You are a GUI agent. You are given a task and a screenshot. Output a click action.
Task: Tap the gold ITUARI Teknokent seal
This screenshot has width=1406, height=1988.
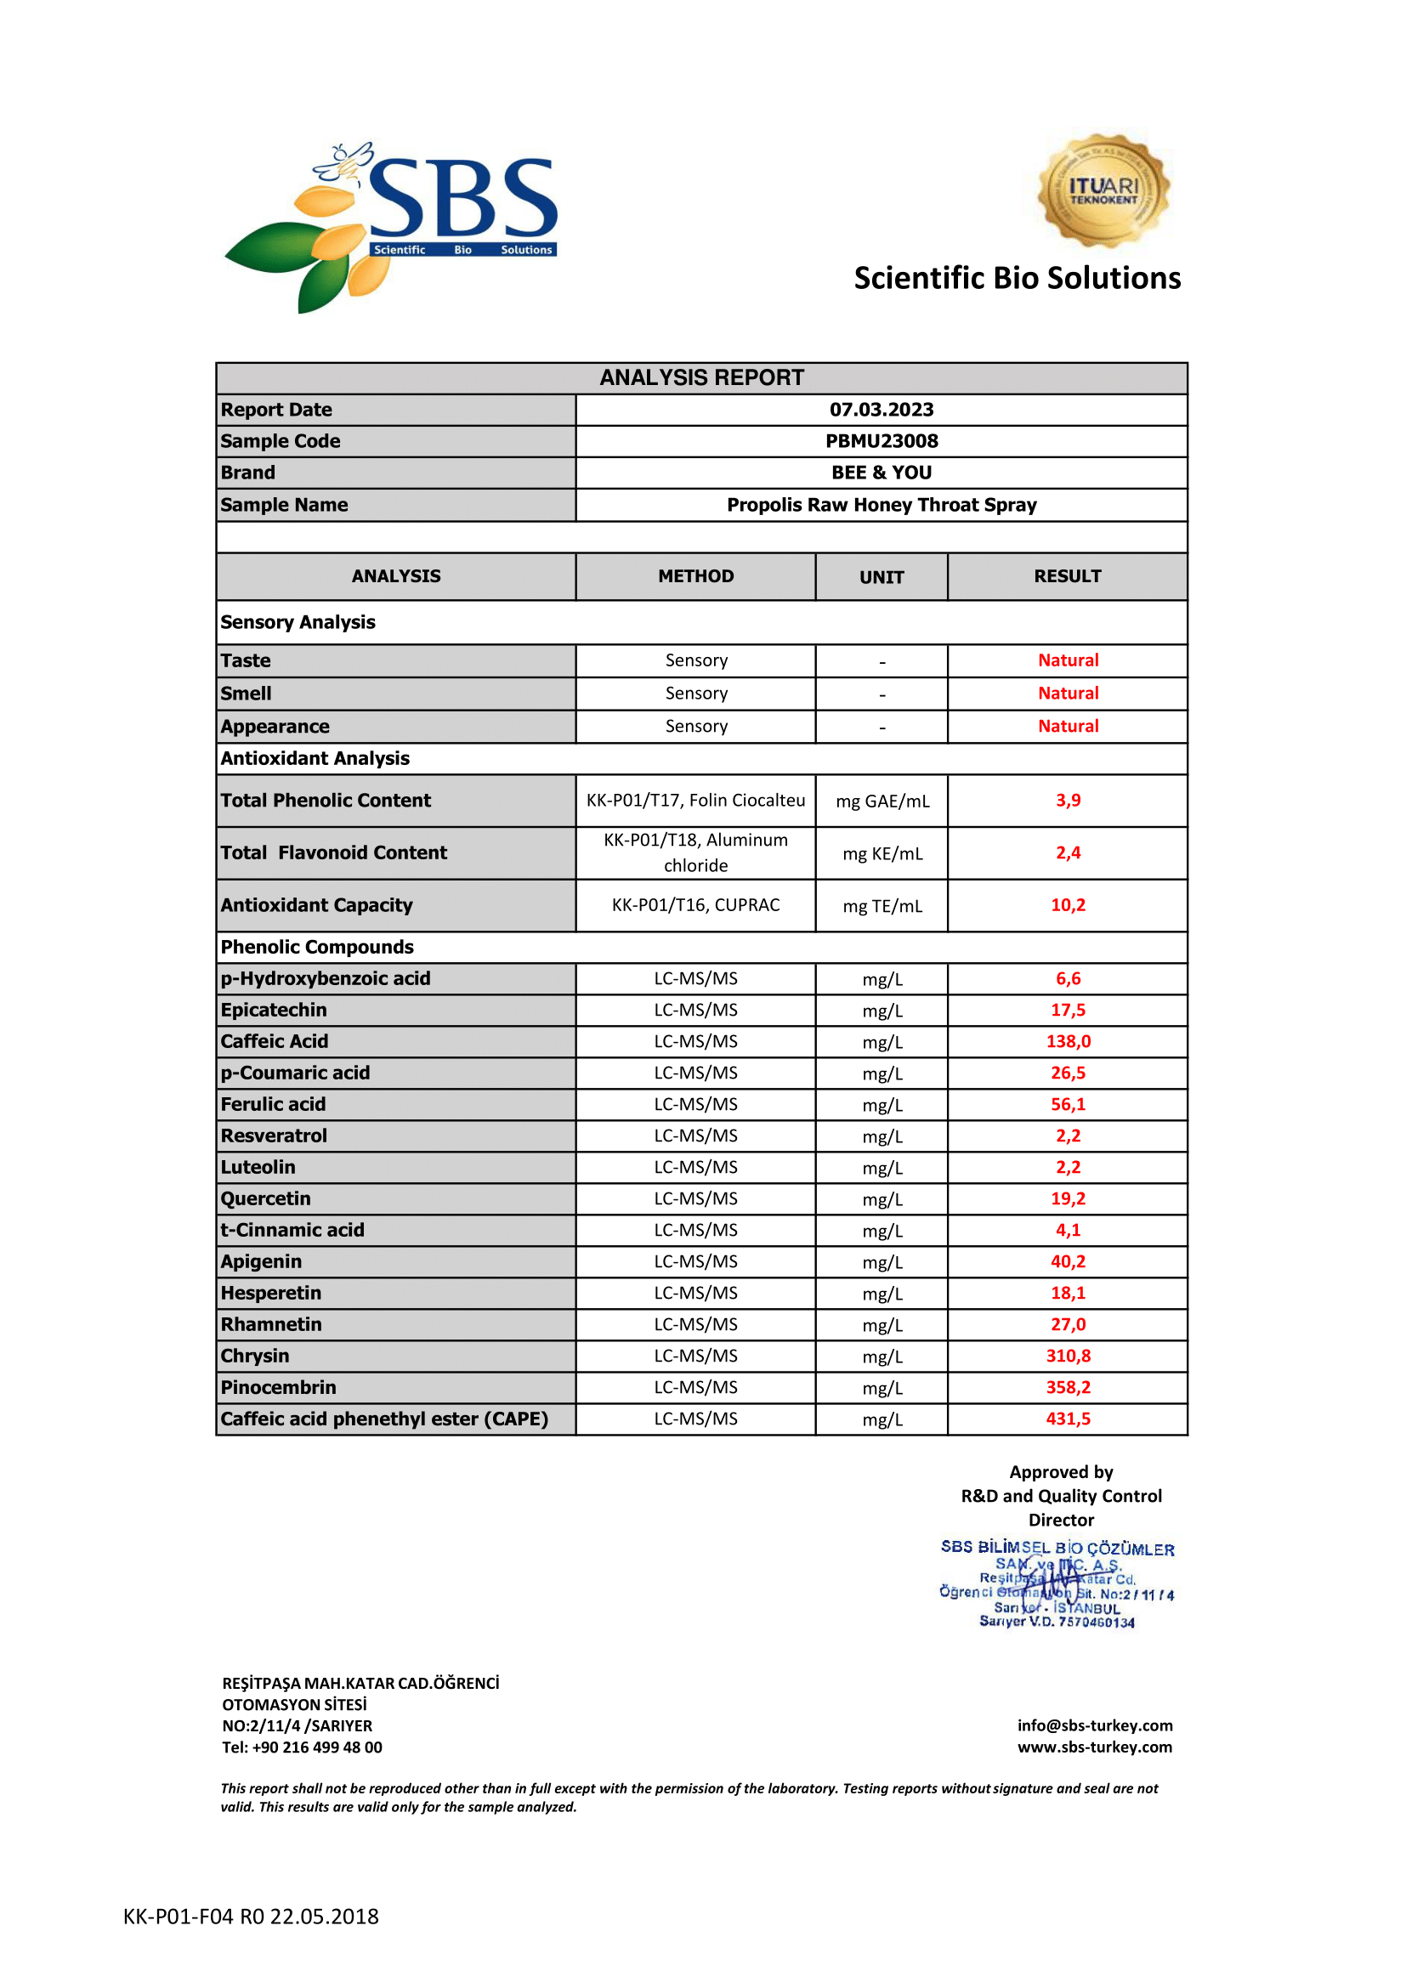click(x=1103, y=190)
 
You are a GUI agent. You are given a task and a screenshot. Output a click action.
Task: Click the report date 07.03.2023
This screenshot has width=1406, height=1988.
click(x=882, y=410)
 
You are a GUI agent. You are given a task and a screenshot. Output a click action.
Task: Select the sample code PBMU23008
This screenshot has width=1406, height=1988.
click(x=882, y=441)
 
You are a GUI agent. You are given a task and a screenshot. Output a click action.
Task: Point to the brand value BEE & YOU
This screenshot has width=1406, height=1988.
click(x=882, y=473)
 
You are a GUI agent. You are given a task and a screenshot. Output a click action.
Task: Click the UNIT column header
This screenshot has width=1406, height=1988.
click(x=882, y=576)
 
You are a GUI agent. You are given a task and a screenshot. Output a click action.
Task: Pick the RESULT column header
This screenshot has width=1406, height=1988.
click(x=1068, y=575)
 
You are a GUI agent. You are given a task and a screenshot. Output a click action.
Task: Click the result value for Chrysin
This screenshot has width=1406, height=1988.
click(x=1068, y=1356)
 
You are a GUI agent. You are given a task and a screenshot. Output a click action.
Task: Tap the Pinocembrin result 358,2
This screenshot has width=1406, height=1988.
click(x=1068, y=1387)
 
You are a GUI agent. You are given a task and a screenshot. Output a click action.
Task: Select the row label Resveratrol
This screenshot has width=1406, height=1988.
click(x=274, y=1136)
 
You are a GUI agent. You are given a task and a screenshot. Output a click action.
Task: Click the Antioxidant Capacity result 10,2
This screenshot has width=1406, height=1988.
click(x=1068, y=905)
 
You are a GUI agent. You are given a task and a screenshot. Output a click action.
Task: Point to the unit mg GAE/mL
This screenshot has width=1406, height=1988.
click(x=882, y=801)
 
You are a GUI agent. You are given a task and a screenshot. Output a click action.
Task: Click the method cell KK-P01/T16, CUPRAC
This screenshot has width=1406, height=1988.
click(x=695, y=905)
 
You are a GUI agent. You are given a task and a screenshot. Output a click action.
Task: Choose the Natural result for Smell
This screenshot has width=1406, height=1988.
click(x=1068, y=693)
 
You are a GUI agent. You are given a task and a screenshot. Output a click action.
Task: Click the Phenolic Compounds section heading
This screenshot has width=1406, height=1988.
click(x=317, y=946)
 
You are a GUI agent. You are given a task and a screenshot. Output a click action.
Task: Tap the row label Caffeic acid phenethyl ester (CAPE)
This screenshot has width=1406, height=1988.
click(x=384, y=1419)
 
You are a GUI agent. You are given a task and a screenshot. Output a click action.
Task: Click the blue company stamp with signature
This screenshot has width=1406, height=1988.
click(x=1057, y=1583)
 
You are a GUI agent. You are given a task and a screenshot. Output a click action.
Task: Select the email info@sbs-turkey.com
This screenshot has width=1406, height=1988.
click(x=1094, y=1725)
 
